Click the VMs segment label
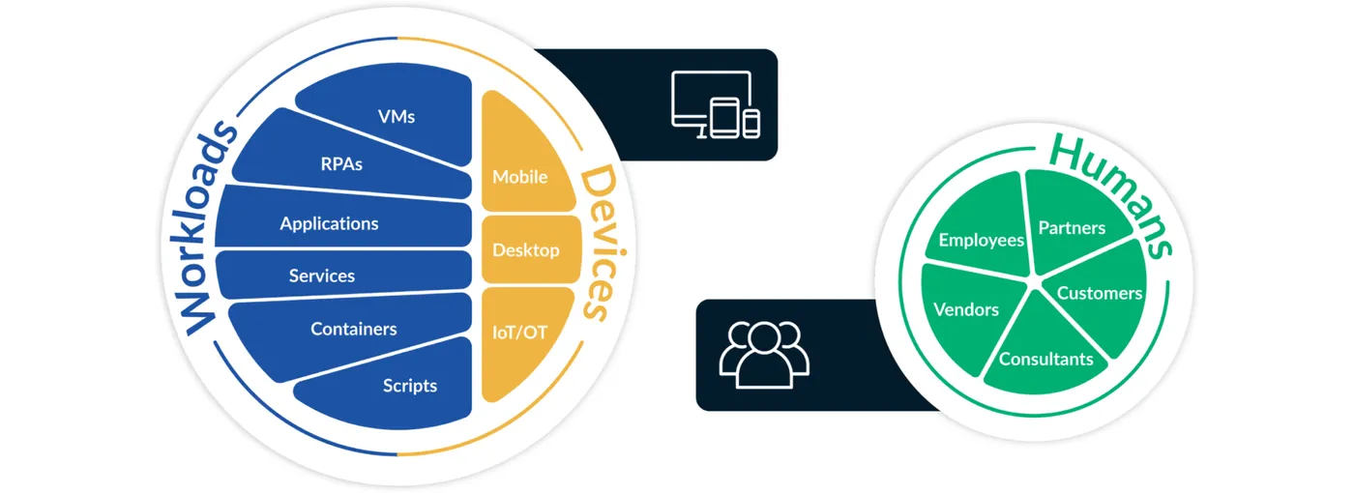tap(397, 116)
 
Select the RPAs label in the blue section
tap(341, 163)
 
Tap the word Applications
tap(329, 223)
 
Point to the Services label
tap(322, 275)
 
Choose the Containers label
tap(354, 329)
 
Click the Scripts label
tap(410, 386)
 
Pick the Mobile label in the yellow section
tap(520, 177)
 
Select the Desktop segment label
tap(526, 249)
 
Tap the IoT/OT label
tap(520, 332)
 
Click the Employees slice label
tap(982, 240)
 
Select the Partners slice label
tap(1072, 228)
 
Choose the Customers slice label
tap(1100, 293)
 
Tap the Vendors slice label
tap(966, 309)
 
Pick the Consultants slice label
tap(1046, 359)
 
